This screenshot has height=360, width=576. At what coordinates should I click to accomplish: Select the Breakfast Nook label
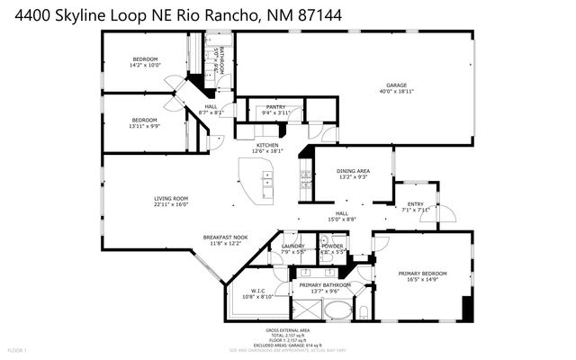tap(222, 238)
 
